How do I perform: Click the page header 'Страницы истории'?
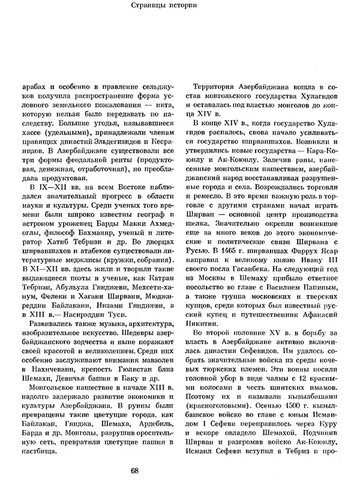pyautogui.click(x=180, y=8)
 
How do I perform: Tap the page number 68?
pyautogui.click(x=180, y=470)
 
